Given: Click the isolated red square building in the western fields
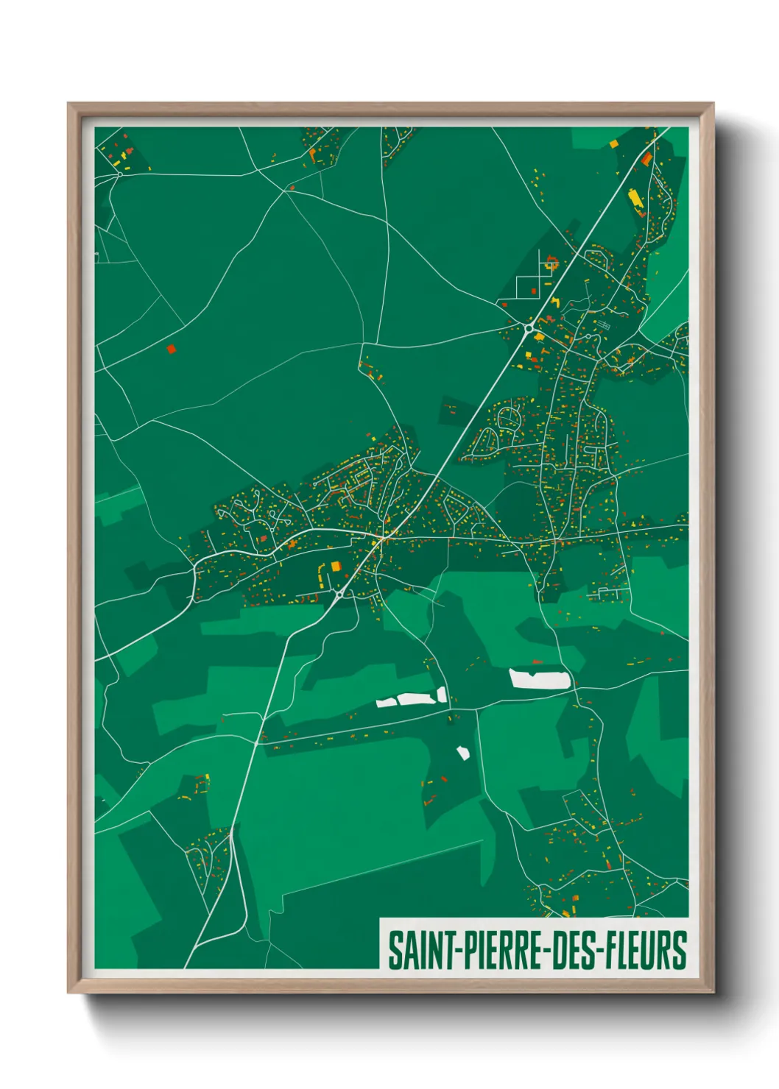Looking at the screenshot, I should [x=172, y=349].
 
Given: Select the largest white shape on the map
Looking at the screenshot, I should [x=540, y=678].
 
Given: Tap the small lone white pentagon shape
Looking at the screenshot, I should [x=463, y=753].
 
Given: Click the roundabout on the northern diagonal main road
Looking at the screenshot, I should [x=529, y=328].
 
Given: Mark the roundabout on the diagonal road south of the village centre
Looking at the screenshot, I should [x=339, y=593].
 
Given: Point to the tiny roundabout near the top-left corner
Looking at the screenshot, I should [x=119, y=174].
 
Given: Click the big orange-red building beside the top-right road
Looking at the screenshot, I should [x=646, y=158].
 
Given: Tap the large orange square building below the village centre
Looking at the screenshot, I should [x=336, y=567].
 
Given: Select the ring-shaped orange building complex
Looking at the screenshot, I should [x=551, y=263].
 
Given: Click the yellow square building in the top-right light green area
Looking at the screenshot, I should [x=613, y=143].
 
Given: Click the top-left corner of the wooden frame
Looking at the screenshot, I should [x=69, y=104].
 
